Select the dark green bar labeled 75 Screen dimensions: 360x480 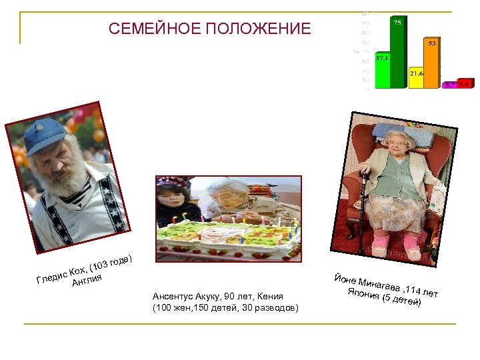pyautogui.click(x=397, y=53)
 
